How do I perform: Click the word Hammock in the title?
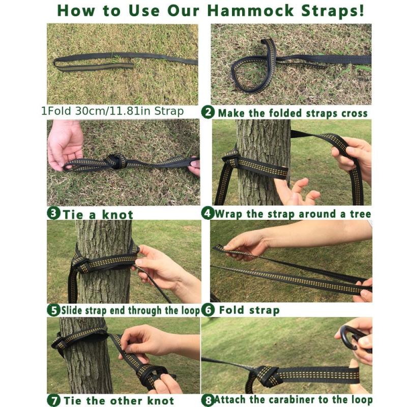tap(251, 11)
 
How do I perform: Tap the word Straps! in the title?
tap(333, 11)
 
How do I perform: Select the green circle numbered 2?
tap(208, 112)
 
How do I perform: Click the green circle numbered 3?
tap(54, 213)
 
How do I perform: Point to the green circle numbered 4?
tap(208, 213)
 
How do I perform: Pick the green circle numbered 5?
tap(54, 310)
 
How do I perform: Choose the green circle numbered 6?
tap(208, 310)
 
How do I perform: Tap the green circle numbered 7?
tap(54, 400)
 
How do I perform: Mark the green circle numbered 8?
tap(208, 400)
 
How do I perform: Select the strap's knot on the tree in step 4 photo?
tap(230, 160)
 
